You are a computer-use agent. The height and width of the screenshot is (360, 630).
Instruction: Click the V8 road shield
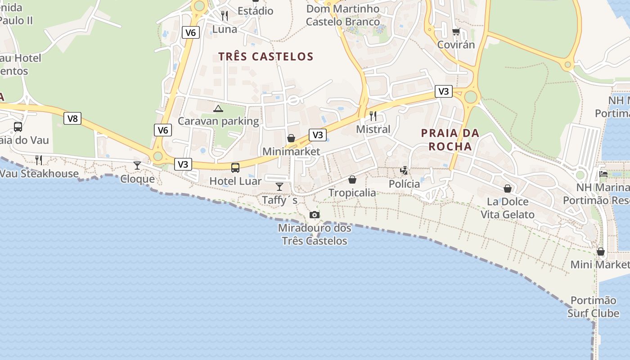72,118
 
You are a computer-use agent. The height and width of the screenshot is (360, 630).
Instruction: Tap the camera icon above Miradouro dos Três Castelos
315,215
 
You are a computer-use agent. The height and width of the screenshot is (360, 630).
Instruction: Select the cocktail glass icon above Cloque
137,165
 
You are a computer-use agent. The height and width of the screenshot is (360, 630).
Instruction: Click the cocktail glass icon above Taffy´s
279,186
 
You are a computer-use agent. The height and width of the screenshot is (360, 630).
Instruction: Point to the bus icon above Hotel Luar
235,168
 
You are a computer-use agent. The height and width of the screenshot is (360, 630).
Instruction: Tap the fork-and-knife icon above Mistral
373,116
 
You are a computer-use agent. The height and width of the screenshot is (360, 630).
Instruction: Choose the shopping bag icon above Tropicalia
352,180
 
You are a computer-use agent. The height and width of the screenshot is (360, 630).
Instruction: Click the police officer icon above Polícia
405,171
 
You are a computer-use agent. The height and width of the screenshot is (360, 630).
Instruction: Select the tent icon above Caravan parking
218,108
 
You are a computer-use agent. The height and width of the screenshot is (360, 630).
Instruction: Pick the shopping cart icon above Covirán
456,31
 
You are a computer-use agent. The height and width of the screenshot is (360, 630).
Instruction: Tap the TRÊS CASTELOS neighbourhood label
265,56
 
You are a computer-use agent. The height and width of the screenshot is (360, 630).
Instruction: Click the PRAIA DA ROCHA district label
450,139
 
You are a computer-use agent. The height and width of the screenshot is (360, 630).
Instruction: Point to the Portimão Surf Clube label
593,306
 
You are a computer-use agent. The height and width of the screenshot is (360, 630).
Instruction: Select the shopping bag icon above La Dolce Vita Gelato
508,189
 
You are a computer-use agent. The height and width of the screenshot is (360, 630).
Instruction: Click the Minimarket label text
291,151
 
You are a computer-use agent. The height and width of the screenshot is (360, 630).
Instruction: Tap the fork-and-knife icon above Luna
225,16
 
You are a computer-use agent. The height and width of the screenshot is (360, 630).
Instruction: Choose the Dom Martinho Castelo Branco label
343,15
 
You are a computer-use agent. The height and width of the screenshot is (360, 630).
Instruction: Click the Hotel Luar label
235,181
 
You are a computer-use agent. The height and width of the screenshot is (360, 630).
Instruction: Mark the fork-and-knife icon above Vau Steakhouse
39,160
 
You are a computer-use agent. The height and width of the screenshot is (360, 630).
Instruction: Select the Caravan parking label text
218,121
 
